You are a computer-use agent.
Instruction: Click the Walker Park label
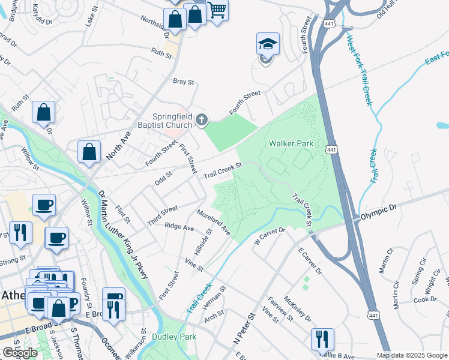click(x=291, y=144)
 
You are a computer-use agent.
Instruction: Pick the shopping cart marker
click(x=217, y=10)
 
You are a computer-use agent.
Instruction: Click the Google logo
click(x=20, y=353)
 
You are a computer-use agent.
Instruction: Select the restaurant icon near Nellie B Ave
click(x=322, y=339)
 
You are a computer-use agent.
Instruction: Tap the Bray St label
click(x=183, y=82)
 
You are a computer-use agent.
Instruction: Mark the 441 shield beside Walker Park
click(x=331, y=148)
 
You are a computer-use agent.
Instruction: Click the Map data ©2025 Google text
click(x=412, y=355)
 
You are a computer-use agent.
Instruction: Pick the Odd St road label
click(x=164, y=175)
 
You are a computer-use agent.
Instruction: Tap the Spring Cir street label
click(x=414, y=271)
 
